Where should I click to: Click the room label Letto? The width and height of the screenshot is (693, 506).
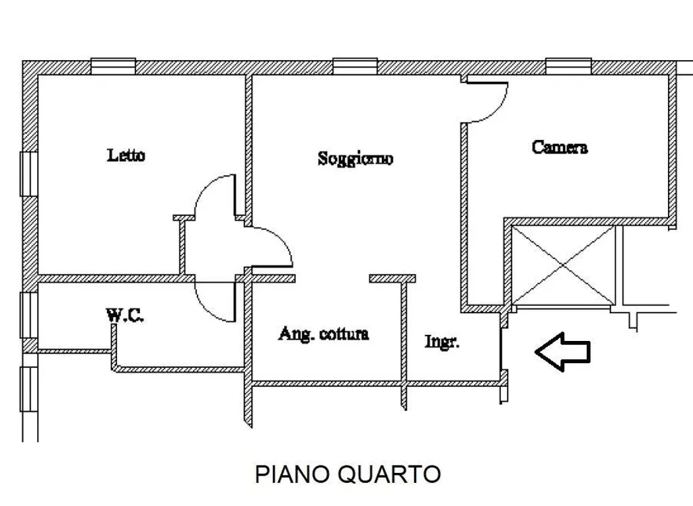tap(126, 155)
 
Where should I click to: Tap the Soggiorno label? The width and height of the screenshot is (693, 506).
tap(355, 158)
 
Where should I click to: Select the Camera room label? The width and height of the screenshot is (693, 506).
tap(560, 147)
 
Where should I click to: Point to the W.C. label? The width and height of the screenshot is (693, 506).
tap(125, 315)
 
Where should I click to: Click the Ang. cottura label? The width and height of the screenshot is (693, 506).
tap(323, 333)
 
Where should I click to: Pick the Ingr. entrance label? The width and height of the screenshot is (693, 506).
tap(442, 342)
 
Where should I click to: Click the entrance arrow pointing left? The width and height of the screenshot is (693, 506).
tap(562, 352)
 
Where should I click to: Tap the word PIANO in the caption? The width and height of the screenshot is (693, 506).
tap(292, 474)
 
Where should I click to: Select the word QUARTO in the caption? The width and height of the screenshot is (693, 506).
tap(389, 474)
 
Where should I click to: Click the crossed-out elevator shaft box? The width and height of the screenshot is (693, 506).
tap(563, 266)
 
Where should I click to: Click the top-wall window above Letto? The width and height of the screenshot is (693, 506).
tap(113, 66)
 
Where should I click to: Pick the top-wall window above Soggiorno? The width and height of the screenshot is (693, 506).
tap(355, 66)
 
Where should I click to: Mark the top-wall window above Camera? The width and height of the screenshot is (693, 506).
tap(568, 66)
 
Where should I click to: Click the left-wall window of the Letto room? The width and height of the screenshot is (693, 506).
tap(28, 174)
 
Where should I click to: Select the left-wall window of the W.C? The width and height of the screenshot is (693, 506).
tap(28, 315)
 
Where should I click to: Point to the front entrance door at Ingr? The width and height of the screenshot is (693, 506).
tap(501, 348)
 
